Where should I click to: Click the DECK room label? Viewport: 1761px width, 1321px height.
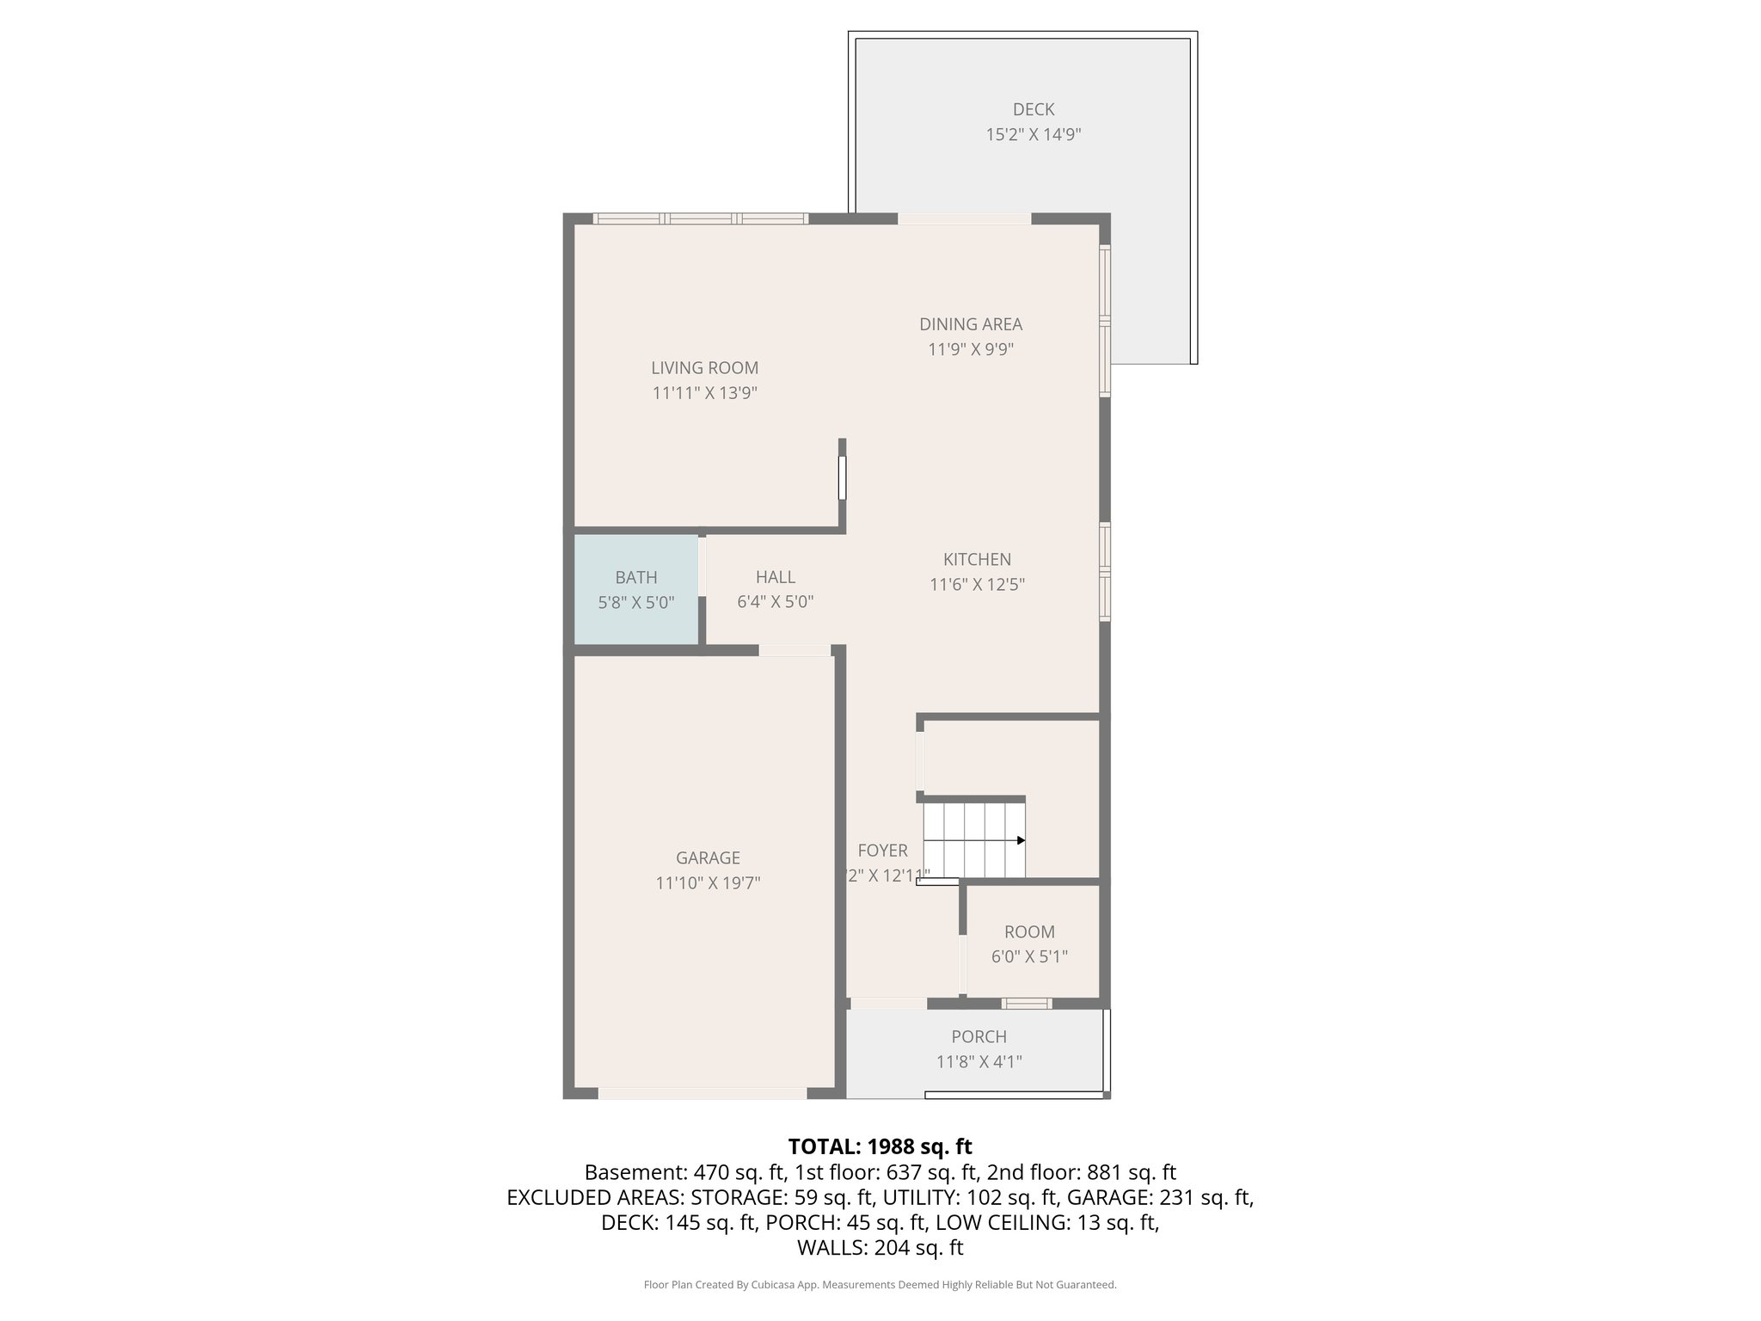(x=1033, y=109)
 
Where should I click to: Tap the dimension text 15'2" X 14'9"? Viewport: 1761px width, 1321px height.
(x=1033, y=135)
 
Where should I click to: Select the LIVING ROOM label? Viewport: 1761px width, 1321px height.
(x=704, y=368)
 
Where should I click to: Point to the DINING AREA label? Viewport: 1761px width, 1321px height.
(x=971, y=324)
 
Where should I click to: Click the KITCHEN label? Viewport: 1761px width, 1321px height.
(x=977, y=559)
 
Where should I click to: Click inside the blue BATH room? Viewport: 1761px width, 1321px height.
(x=635, y=590)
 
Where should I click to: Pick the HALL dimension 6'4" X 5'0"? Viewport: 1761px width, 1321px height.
(x=775, y=602)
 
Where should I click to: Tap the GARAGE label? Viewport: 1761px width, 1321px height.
(x=708, y=857)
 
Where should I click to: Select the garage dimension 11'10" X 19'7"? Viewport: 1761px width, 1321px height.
(x=708, y=883)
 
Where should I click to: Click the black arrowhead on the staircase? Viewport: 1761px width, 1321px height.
(x=1021, y=840)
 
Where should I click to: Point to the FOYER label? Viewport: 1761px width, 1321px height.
(x=882, y=851)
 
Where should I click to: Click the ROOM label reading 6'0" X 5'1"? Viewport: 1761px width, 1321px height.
(x=1029, y=932)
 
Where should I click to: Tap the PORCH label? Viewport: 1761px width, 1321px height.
(x=979, y=1037)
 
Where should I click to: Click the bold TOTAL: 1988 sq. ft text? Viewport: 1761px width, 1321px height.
(x=880, y=1146)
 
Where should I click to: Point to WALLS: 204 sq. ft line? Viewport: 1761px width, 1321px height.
(x=880, y=1248)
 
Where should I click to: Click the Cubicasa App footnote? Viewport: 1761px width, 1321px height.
(x=880, y=1285)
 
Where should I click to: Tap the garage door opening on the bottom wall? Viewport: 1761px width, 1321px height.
(x=703, y=1093)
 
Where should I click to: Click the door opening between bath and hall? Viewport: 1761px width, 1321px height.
(x=702, y=566)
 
